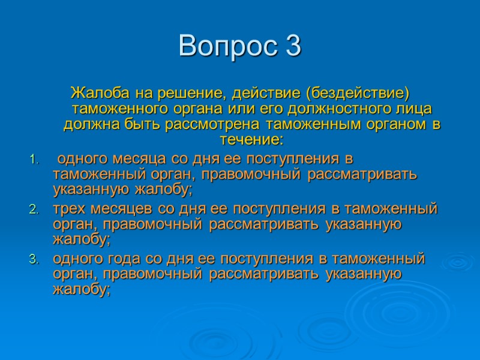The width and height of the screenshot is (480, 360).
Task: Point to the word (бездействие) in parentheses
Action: pyautogui.click(x=357, y=94)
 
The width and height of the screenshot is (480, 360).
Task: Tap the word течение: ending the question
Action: pyautogui.click(x=251, y=140)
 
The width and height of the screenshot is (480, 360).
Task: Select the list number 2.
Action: pyautogui.click(x=33, y=210)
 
